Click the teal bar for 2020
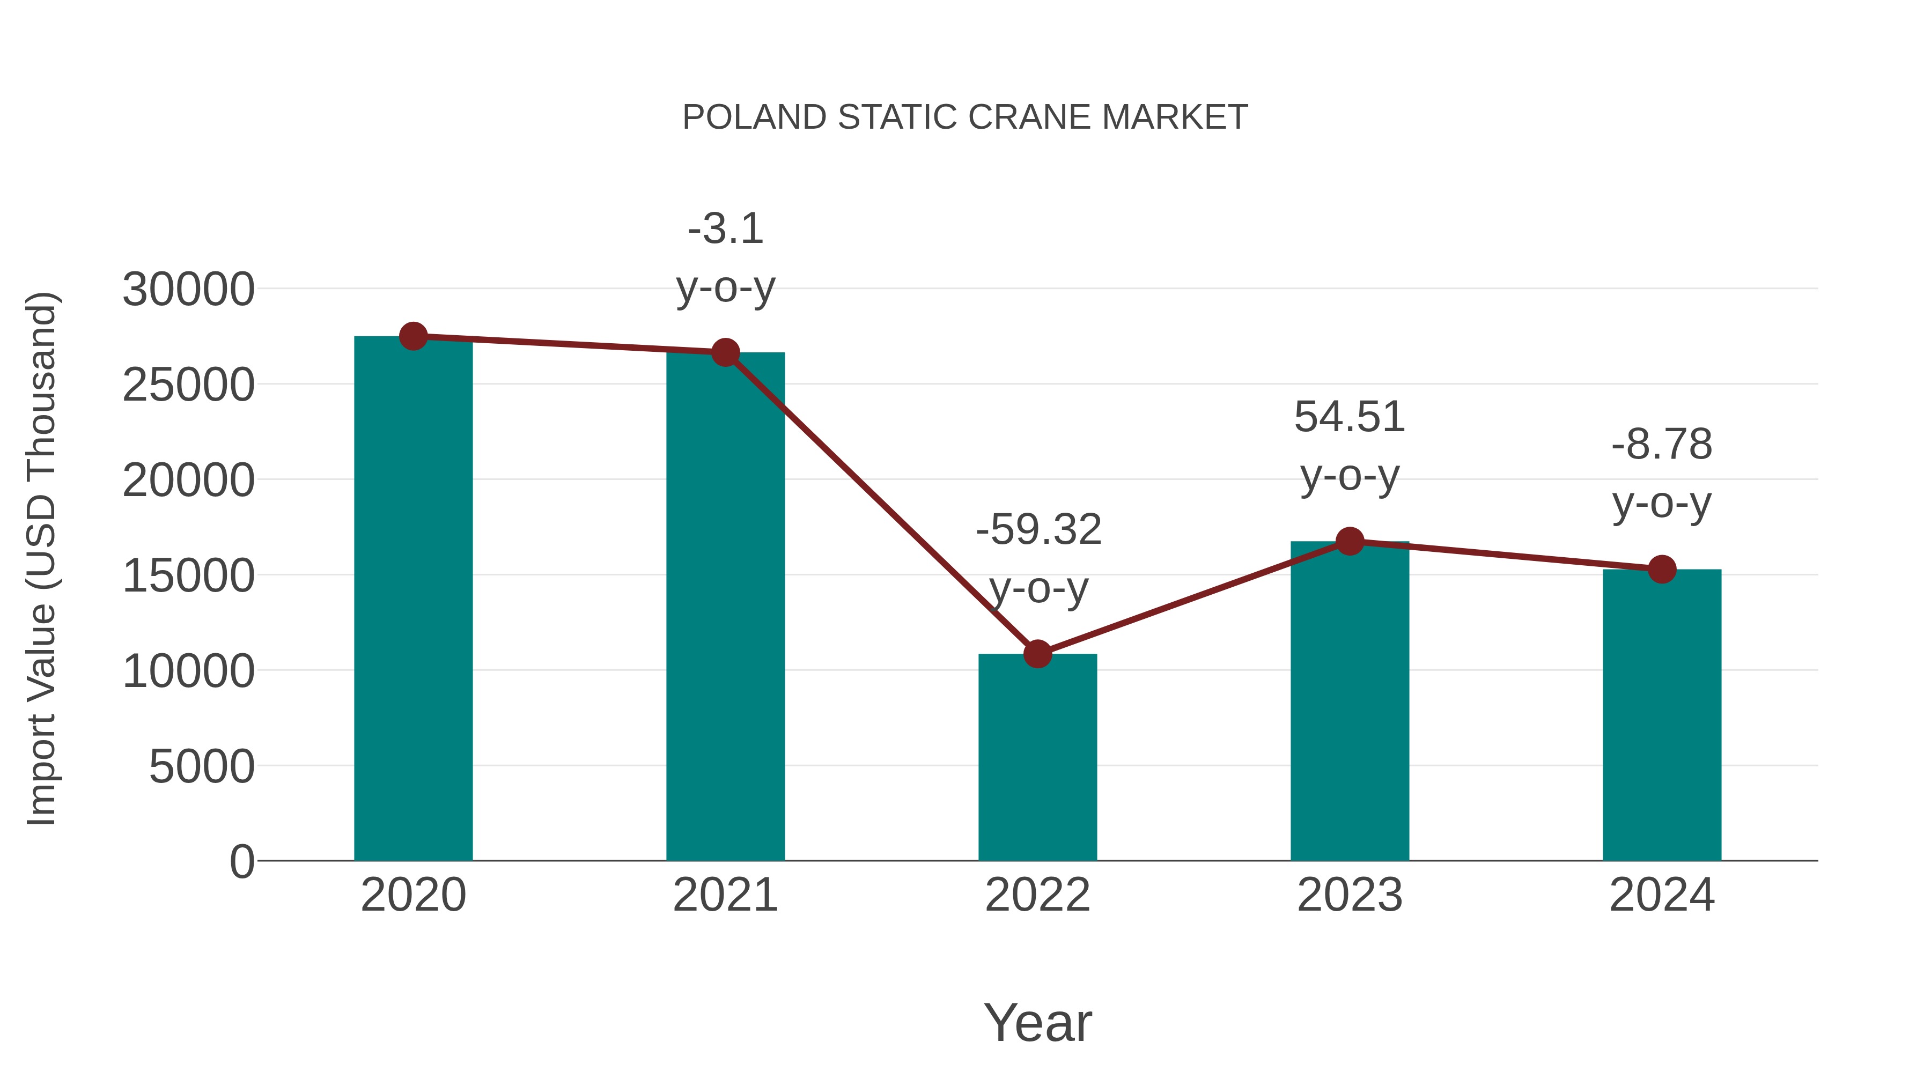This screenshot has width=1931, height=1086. [413, 600]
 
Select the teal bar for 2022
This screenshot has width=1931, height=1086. [1037, 757]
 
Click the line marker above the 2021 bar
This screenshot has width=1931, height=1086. [725, 352]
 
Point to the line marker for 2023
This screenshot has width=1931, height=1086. [1350, 541]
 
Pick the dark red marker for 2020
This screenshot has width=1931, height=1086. [413, 336]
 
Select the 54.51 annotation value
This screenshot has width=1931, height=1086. [1350, 417]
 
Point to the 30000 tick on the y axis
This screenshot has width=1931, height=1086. [188, 289]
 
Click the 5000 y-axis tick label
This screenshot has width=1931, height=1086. [202, 767]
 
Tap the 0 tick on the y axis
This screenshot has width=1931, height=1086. [242, 862]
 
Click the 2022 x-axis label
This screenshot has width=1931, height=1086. [1037, 895]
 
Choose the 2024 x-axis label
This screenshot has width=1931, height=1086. [1662, 895]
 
